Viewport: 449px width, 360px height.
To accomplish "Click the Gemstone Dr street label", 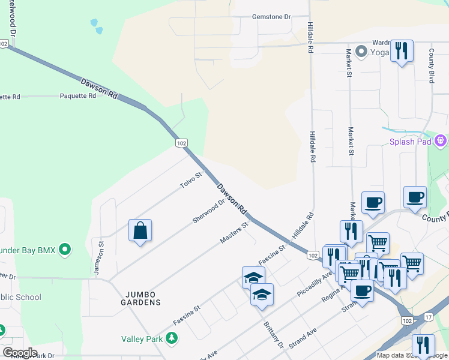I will pyautogui.click(x=271, y=17).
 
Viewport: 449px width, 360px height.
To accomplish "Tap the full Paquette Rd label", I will pyautogui.click(x=78, y=96).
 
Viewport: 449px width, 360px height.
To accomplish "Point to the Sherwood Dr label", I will pyautogui.click(x=208, y=211).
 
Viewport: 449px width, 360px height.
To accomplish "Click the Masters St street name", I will pyautogui.click(x=234, y=233).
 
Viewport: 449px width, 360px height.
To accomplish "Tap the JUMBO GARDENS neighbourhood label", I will pyautogui.click(x=143, y=298).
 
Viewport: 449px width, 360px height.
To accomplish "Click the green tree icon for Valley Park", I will pyautogui.click(x=172, y=339).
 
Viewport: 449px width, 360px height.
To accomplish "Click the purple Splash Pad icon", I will pyautogui.click(x=441, y=142).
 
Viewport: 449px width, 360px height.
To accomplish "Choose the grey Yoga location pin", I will pyautogui.click(x=361, y=52).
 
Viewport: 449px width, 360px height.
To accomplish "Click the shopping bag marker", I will pyautogui.click(x=140, y=230).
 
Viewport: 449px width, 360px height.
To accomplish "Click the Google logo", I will pyautogui.click(x=20, y=353).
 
